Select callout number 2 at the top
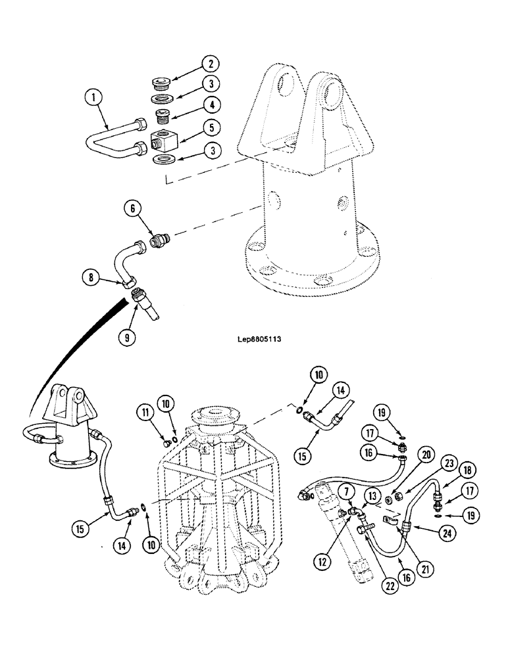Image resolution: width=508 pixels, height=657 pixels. (x=210, y=64)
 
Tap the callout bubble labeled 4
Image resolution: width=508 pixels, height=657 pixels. (x=210, y=104)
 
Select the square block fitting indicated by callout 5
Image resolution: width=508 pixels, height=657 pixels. (x=162, y=140)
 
